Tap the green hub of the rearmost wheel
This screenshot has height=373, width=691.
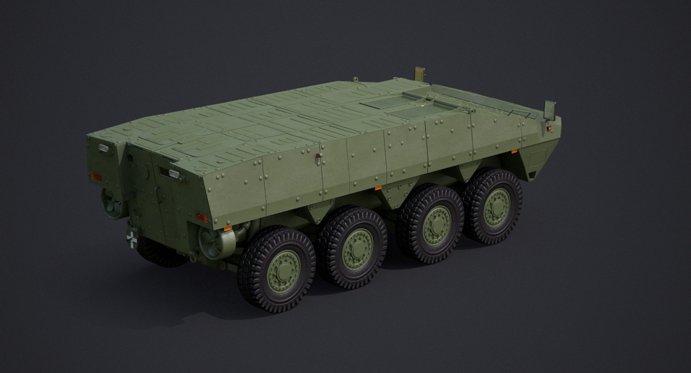pyautogui.click(x=284, y=271)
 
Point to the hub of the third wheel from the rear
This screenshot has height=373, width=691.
pyautogui.click(x=437, y=225)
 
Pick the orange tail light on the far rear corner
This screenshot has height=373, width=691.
pyautogui.click(x=96, y=176)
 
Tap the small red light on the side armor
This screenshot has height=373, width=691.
pyautogui.click(x=318, y=156)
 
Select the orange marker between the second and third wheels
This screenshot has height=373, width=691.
pyautogui.click(x=378, y=188)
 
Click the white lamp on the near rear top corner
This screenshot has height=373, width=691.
pyautogui.click(x=174, y=174)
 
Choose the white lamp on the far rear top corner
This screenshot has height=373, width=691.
pyautogui.click(x=103, y=147)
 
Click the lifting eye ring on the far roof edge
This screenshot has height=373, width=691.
pyautogui.click(x=356, y=79)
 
